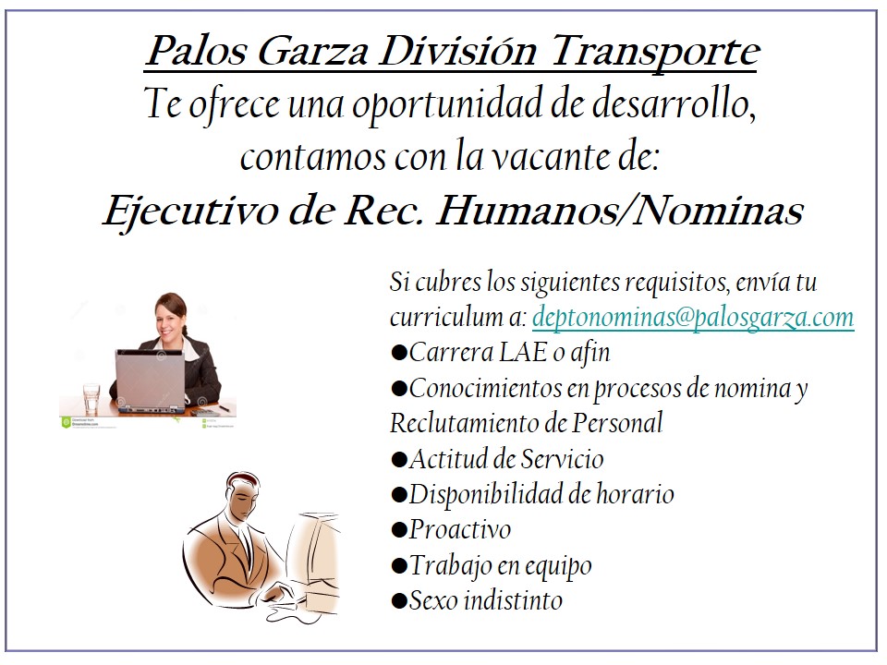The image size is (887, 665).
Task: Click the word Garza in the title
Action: point(313,52)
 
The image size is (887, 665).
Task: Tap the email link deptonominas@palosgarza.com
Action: point(693,317)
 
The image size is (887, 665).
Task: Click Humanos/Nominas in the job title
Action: point(619,211)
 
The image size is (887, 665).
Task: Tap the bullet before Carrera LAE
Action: point(399,353)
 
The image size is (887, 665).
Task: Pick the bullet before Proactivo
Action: point(399,530)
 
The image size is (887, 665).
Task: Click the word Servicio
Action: point(563,459)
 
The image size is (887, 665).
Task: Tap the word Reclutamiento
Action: point(478,424)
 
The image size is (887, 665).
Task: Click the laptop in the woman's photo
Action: point(151,380)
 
